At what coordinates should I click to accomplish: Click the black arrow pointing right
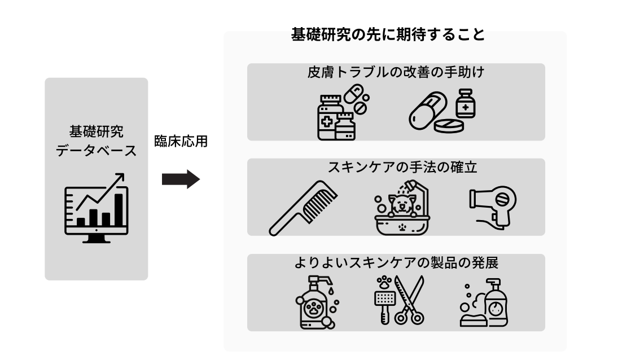click(181, 179)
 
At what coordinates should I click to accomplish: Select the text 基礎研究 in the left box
click(96, 131)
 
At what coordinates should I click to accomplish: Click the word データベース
click(97, 151)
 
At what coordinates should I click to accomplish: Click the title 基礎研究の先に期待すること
click(388, 35)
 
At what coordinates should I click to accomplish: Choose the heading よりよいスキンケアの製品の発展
click(396, 263)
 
